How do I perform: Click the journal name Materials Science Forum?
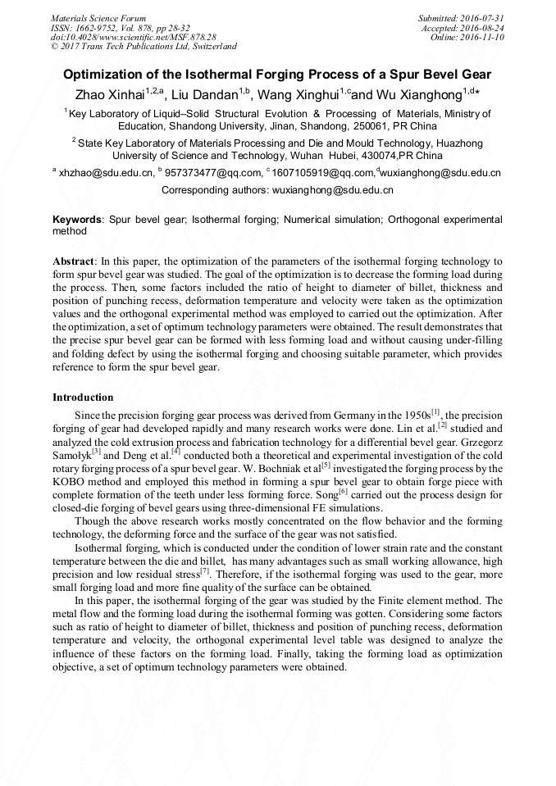click(x=98, y=17)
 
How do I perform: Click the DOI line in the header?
click(x=133, y=37)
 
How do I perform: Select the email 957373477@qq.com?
click(x=213, y=173)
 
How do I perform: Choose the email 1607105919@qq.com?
click(x=323, y=173)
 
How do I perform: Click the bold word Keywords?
click(x=78, y=220)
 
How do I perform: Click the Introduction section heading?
click(x=83, y=398)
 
